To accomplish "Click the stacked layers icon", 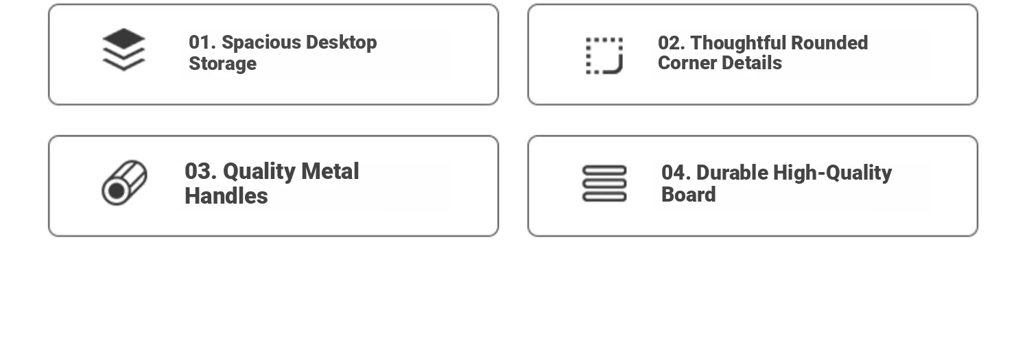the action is pos(123,49).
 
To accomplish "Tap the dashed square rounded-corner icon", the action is pos(604,56).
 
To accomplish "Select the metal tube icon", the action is pos(124,183).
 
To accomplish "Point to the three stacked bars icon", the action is pos(604,184).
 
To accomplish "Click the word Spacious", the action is pos(261,43).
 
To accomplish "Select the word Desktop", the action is pos(342,43).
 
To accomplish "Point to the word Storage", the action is pos(223,64).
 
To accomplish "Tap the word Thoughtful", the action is pos(739,43).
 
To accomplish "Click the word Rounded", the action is pos(829,43).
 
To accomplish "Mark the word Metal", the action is pos(330,171).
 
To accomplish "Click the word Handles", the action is pos(226,196).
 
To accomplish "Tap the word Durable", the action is pos(732,173).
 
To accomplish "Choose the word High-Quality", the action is pos(832,173).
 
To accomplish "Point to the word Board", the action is pos(689,195).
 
